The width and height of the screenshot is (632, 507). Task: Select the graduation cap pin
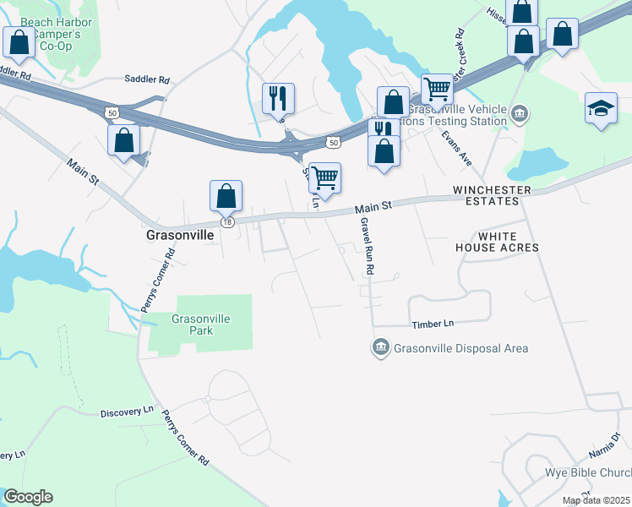pyautogui.click(x=601, y=109)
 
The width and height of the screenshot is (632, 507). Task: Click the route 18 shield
pyautogui.click(x=226, y=221)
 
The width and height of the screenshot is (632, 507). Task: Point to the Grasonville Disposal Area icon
pyautogui.click(x=380, y=348)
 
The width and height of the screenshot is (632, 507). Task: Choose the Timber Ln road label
pyautogui.click(x=433, y=324)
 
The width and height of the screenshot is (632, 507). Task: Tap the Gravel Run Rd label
pyautogui.click(x=367, y=246)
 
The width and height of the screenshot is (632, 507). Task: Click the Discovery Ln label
pyautogui.click(x=127, y=411)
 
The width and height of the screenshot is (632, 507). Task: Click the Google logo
pyautogui.click(x=28, y=497)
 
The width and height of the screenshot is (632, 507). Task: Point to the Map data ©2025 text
pyautogui.click(x=596, y=500)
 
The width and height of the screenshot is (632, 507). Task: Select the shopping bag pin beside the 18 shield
pyautogui.click(x=226, y=196)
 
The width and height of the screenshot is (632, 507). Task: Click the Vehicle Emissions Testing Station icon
pyautogui.click(x=520, y=112)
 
